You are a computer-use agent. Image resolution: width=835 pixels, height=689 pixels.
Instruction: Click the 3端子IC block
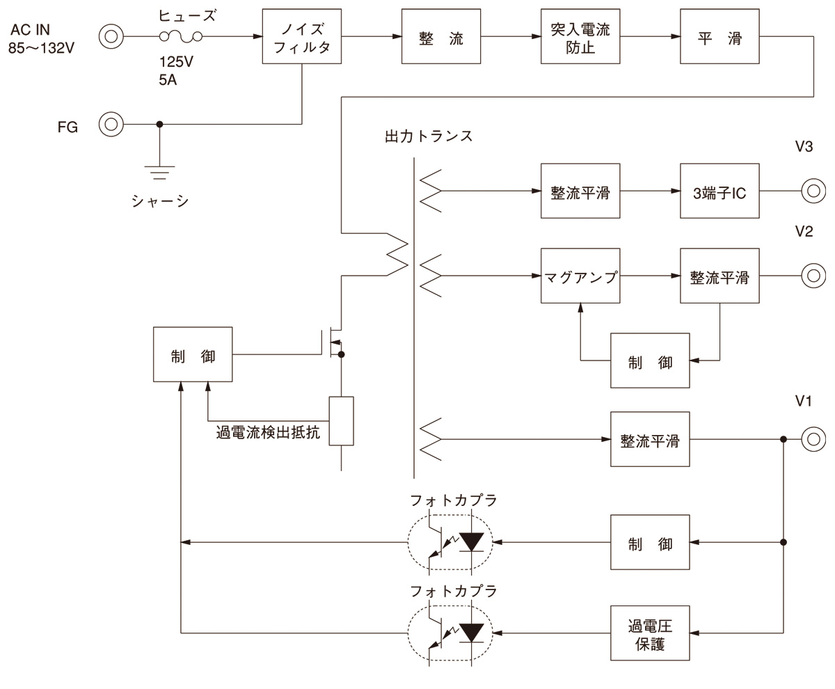[719, 192]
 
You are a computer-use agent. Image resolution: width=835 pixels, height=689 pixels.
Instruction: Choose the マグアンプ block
[580, 276]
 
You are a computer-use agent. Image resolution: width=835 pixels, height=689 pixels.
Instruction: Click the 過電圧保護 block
[650, 633]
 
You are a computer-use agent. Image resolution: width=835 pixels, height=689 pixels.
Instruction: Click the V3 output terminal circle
[813, 191]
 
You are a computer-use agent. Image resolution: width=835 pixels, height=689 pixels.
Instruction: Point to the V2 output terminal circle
[813, 276]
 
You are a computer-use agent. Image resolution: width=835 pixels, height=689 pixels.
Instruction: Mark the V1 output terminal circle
[813, 439]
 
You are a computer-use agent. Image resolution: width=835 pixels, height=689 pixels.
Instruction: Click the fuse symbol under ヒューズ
[181, 37]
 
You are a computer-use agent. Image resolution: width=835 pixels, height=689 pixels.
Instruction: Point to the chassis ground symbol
[160, 171]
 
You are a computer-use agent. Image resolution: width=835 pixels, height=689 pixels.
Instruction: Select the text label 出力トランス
[429, 136]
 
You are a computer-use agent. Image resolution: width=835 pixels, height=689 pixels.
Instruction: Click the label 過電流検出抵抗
[268, 432]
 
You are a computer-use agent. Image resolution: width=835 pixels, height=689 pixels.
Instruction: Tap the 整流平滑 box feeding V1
[650, 440]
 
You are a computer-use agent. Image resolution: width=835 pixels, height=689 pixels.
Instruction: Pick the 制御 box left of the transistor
[193, 355]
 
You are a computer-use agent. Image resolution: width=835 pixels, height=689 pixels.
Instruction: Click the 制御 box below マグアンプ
[650, 361]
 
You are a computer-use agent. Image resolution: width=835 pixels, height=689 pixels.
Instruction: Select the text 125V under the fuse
[176, 62]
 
